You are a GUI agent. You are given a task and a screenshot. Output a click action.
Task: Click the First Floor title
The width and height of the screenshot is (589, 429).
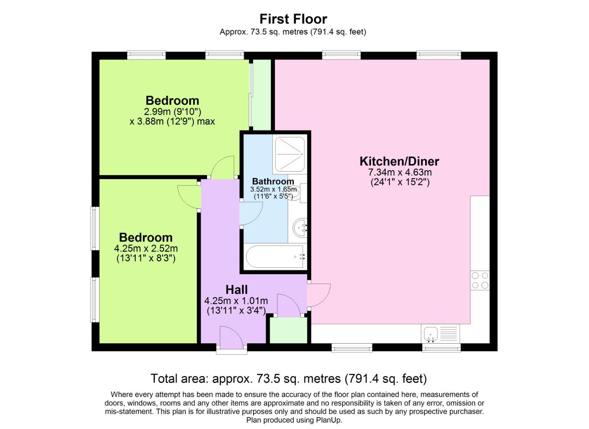[293, 19]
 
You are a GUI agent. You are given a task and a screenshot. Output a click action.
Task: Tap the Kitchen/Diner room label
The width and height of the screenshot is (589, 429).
[399, 161]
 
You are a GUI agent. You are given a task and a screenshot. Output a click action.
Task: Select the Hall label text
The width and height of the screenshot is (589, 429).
[237, 290]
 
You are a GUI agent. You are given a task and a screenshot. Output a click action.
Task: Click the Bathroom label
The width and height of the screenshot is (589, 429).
[273, 182]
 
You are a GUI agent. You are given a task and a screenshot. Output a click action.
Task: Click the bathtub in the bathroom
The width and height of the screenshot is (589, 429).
[276, 257]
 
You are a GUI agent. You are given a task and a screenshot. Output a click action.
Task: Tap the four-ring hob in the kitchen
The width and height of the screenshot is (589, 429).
[480, 280]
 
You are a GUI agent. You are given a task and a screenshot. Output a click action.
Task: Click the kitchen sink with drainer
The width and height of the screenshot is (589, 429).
[439, 334]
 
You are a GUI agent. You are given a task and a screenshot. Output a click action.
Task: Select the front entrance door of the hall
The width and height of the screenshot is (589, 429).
[231, 338]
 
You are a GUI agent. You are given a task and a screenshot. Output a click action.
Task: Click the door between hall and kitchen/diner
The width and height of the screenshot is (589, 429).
[318, 295]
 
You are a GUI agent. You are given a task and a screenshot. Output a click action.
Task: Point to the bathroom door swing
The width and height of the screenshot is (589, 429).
[251, 214]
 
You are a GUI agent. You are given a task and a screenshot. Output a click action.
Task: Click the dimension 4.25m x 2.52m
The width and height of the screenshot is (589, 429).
[146, 249]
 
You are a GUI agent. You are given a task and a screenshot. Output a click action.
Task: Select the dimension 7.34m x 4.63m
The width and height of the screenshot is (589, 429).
[400, 172]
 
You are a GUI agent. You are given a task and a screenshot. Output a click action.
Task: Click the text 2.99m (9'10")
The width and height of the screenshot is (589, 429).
[172, 112]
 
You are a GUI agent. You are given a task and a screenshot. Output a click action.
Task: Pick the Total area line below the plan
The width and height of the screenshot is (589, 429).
[288, 378]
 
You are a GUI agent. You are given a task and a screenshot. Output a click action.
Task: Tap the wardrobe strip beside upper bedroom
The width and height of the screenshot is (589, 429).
[262, 94]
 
